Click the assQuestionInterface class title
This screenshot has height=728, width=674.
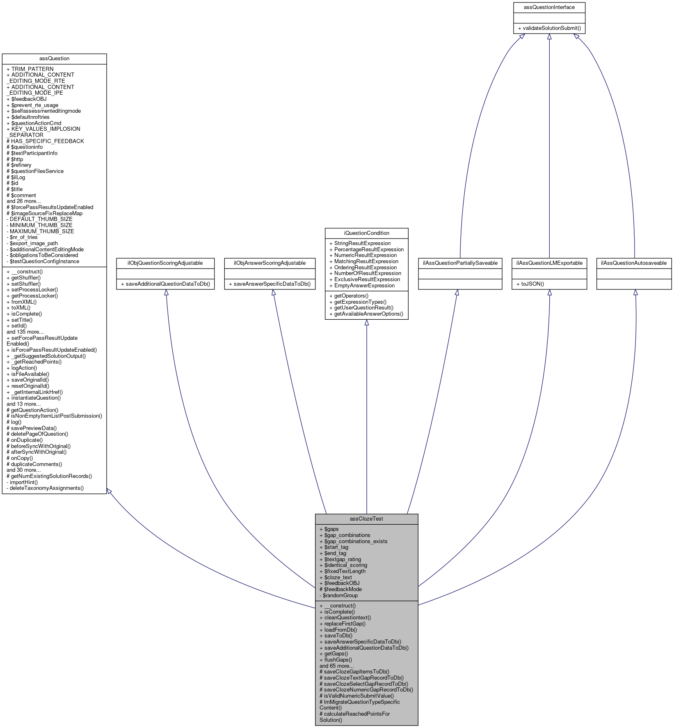point(549,7)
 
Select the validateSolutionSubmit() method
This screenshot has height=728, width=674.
point(549,28)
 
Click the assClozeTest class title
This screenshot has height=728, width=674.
point(366,519)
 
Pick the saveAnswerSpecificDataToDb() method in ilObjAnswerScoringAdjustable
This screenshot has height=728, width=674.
point(270,284)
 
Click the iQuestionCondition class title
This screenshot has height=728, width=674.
point(366,233)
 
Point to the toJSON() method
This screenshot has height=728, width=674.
point(532,284)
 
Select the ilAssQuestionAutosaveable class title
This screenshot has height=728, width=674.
point(634,263)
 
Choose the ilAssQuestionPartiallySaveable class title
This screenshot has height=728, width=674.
point(460,263)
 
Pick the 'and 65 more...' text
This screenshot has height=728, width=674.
point(336,666)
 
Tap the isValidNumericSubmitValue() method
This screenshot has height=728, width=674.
point(356,696)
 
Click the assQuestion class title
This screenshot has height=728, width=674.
point(54,59)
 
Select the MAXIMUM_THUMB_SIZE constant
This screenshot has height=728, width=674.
point(40,232)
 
